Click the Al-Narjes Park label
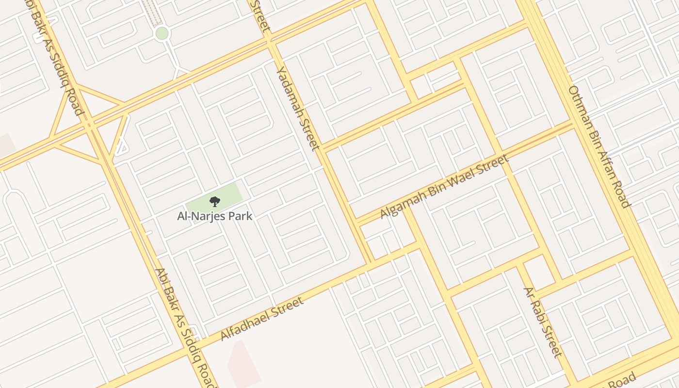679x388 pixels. pyautogui.click(x=214, y=216)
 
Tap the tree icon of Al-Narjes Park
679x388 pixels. pyautogui.click(x=214, y=202)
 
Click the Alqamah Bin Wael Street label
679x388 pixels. pyautogui.click(x=444, y=186)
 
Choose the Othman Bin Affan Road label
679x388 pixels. pyautogui.click(x=599, y=146)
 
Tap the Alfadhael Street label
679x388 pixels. pyautogui.click(x=262, y=319)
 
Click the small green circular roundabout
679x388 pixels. pyautogui.click(x=162, y=33)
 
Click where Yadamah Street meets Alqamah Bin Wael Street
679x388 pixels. pyautogui.click(x=356, y=222)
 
